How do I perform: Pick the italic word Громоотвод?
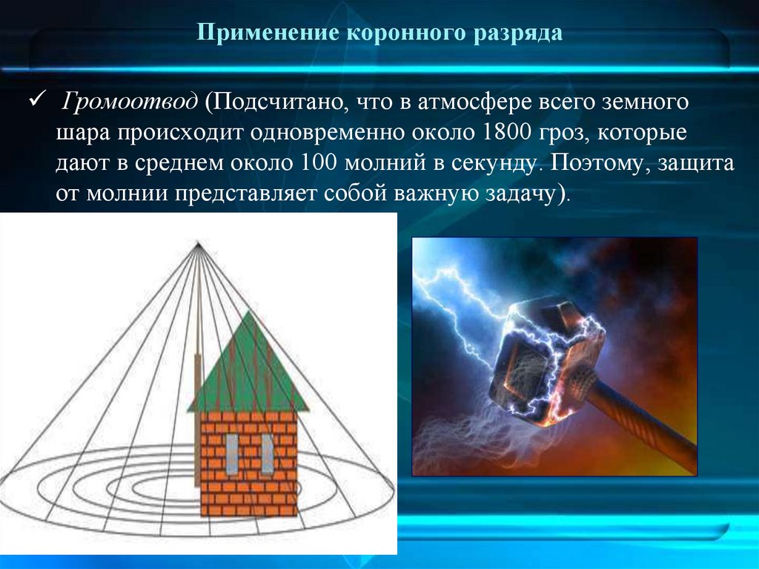(130, 102)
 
